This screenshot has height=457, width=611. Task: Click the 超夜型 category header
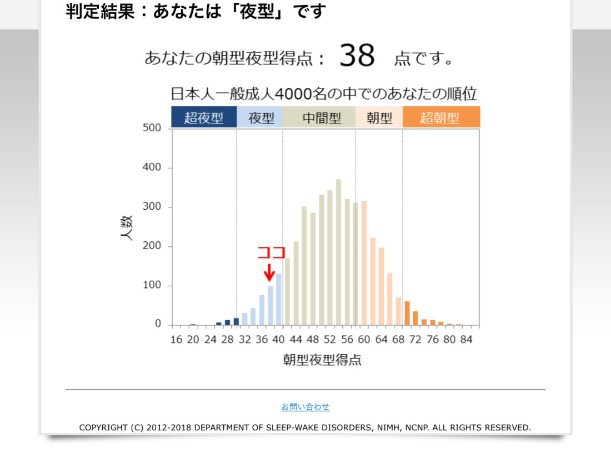point(203,118)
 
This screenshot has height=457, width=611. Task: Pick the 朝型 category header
point(379,118)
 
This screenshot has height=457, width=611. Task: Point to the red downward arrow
point(269,272)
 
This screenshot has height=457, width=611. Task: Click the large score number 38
point(357,56)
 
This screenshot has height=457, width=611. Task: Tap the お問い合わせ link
point(305,407)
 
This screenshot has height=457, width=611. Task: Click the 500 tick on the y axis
point(152,128)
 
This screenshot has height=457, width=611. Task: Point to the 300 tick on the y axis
point(152,207)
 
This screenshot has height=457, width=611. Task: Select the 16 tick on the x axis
point(176,339)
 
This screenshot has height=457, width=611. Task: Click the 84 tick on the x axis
point(467,339)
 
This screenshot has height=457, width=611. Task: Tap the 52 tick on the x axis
point(330,339)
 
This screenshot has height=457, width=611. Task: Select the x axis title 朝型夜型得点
point(322,360)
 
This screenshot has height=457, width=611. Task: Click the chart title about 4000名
point(323,93)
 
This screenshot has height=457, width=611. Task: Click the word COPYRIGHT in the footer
point(104,428)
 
